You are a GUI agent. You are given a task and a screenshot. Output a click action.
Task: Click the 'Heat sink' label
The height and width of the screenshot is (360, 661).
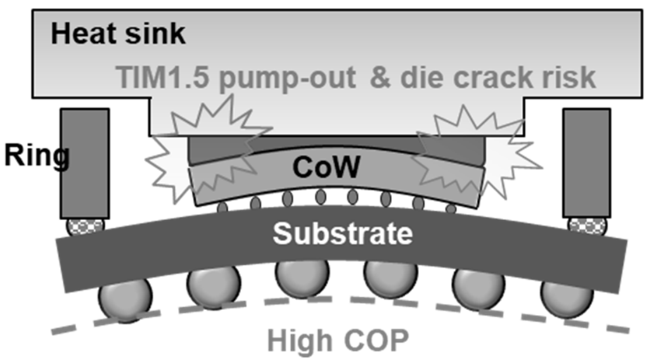(x=118, y=34)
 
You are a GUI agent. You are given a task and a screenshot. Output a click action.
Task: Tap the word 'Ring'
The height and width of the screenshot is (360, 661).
(x=36, y=155)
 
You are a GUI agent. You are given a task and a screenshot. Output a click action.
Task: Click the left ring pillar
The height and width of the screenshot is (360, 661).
(x=85, y=162)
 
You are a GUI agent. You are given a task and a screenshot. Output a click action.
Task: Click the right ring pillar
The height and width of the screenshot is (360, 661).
(x=587, y=162)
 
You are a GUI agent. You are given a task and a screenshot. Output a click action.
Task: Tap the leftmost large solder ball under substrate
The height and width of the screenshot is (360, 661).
(x=125, y=298)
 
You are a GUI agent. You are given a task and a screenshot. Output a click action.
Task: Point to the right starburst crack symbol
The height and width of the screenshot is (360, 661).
(x=475, y=152)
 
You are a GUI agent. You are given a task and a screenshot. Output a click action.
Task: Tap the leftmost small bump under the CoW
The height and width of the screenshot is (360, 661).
(x=222, y=207)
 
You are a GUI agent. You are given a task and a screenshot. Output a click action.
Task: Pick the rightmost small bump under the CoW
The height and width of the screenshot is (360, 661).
(x=451, y=208)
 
